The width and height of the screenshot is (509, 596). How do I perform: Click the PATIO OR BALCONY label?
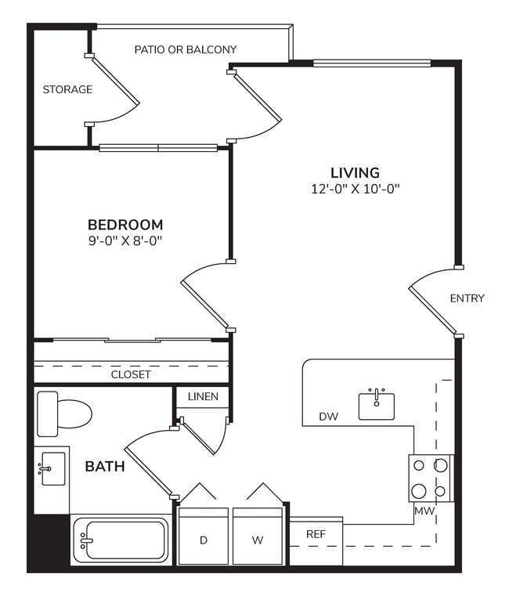click(186, 49)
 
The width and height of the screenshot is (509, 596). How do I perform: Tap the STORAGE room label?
click(67, 89)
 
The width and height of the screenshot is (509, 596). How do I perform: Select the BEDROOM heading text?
click(125, 225)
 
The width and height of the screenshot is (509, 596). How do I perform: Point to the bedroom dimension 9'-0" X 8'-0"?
click(125, 241)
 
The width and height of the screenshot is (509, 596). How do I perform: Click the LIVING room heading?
click(355, 172)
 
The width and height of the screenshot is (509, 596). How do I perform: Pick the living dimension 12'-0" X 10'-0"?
click(355, 189)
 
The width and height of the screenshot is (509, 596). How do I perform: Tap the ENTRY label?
click(467, 298)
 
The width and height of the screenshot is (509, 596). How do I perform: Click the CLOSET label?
click(131, 374)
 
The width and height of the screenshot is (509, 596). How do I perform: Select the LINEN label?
click(203, 397)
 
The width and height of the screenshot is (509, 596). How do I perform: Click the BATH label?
click(105, 467)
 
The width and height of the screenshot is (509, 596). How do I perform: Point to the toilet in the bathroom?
click(64, 414)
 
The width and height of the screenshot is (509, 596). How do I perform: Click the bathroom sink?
click(52, 469)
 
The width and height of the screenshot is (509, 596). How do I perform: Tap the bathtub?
click(121, 540)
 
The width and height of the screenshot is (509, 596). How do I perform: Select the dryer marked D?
click(203, 539)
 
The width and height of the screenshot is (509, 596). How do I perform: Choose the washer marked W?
click(257, 539)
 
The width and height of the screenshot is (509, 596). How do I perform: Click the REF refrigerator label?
click(316, 534)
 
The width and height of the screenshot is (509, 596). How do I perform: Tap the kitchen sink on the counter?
click(377, 405)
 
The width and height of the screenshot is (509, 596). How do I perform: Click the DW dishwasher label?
click(328, 417)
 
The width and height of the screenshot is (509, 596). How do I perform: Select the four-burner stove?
click(430, 478)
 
